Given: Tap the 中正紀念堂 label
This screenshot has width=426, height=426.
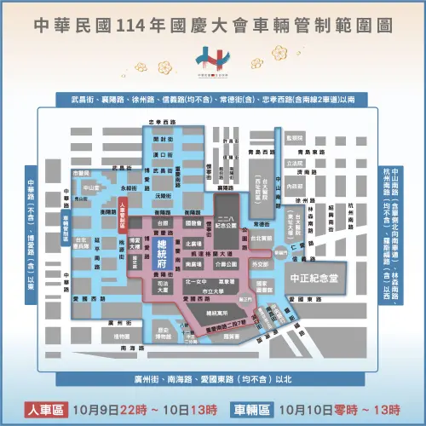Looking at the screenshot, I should click(x=313, y=277).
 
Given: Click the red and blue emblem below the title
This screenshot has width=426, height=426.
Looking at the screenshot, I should click(x=212, y=60).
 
